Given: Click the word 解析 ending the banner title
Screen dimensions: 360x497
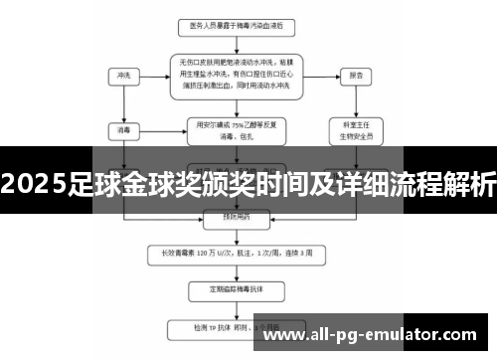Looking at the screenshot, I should tap(471, 186).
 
